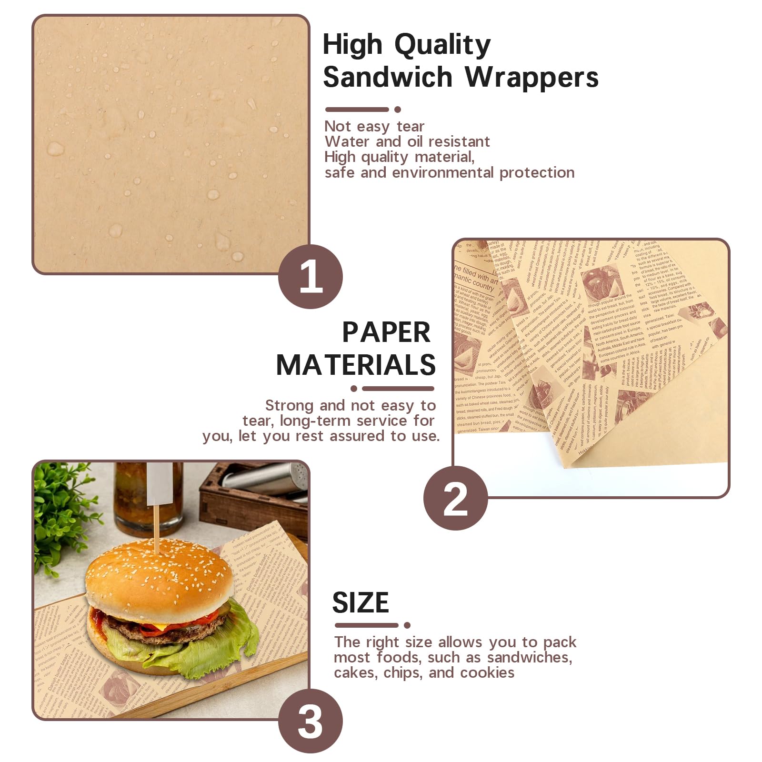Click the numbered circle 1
click(311, 276)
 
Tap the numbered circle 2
click(456, 498)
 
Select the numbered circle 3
click(311, 721)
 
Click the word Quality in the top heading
click(442, 46)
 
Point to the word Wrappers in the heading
click(531, 77)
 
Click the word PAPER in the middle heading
click(386, 332)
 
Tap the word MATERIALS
click(356, 365)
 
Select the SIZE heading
click(361, 602)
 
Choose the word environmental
click(443, 172)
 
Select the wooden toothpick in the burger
click(155, 529)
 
